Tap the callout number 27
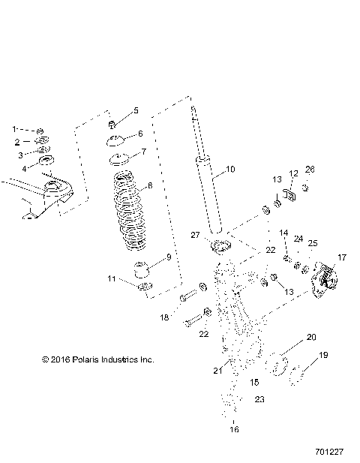pyautogui.click(x=195, y=235)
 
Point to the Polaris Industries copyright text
pyautogui.click(x=97, y=359)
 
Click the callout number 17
pyautogui.click(x=342, y=257)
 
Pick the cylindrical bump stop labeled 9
pyautogui.click(x=140, y=269)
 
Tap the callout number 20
pyautogui.click(x=311, y=337)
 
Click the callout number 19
pyautogui.click(x=323, y=355)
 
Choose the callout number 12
pyautogui.click(x=293, y=173)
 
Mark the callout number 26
pyautogui.click(x=310, y=168)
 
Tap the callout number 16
pyautogui.click(x=233, y=430)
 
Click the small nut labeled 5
pyautogui.click(x=112, y=124)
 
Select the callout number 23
pyautogui.click(x=259, y=399)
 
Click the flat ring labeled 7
pyautogui.click(x=116, y=160)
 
